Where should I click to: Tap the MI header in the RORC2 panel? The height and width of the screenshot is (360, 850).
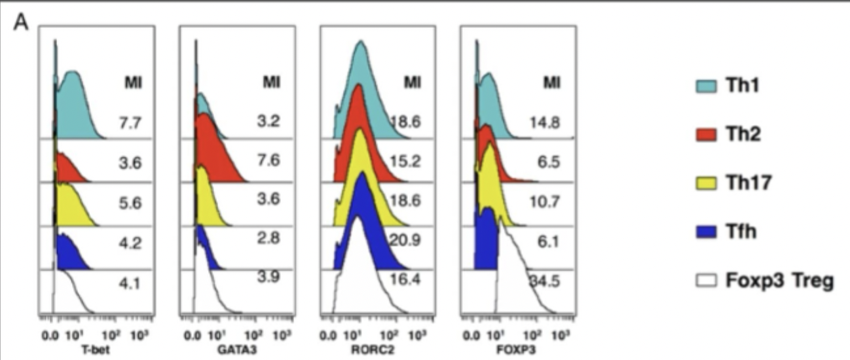point(412,83)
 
